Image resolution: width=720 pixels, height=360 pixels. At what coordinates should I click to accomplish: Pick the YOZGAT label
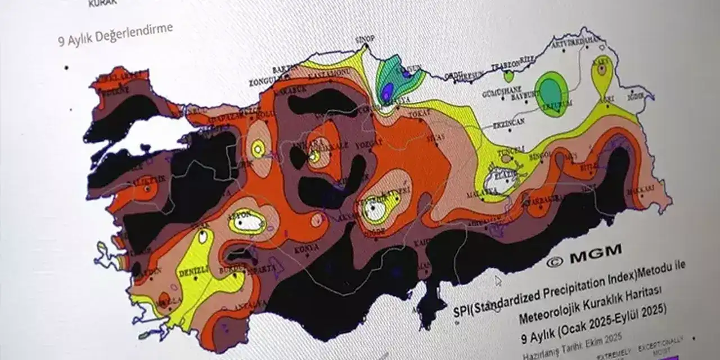(368, 144)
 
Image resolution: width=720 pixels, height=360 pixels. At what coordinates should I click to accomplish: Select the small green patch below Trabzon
(508, 76)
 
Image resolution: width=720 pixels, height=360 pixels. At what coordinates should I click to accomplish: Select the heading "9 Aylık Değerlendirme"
(115, 34)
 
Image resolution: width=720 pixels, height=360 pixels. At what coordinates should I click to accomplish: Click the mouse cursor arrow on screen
(498, 280)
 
